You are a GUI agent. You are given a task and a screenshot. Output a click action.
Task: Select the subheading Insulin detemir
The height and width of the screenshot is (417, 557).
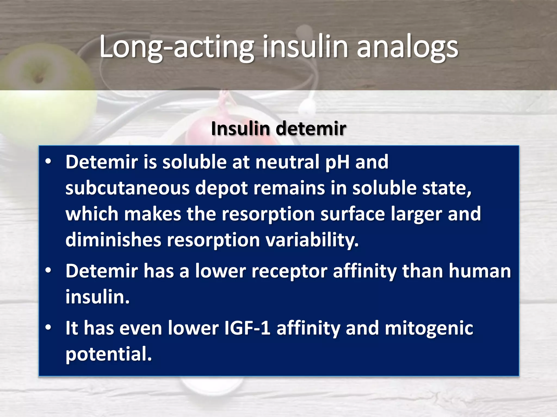point(278,128)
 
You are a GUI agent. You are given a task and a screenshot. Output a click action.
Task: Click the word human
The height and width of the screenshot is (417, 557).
point(480,271)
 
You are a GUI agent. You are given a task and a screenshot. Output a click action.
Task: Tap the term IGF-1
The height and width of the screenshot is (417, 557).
point(247,328)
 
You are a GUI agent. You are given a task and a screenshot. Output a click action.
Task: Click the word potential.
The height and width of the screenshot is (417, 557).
point(108,354)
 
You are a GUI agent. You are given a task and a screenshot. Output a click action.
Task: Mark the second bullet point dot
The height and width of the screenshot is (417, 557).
point(48,271)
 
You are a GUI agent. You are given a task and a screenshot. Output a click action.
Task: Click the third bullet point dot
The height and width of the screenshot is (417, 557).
point(48,328)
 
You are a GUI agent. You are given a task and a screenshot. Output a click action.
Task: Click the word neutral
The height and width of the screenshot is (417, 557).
point(287,162)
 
